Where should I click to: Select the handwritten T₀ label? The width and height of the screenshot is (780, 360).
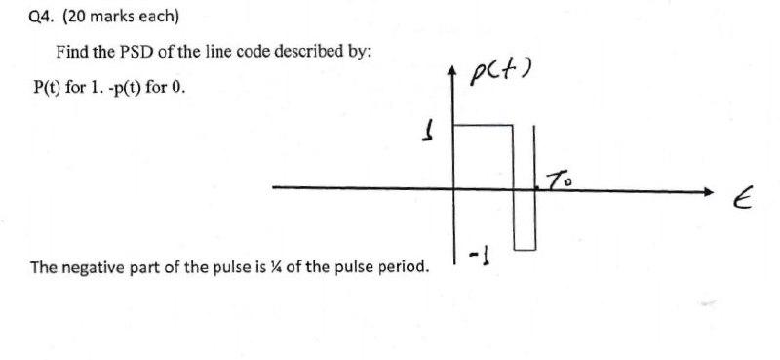tap(557, 180)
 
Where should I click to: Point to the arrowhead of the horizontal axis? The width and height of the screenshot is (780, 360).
tap(721, 192)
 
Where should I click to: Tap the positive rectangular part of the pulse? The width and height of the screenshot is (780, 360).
tap(484, 156)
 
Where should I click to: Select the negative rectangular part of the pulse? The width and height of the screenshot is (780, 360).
tap(525, 220)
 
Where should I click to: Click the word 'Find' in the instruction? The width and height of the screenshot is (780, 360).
tap(71, 51)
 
